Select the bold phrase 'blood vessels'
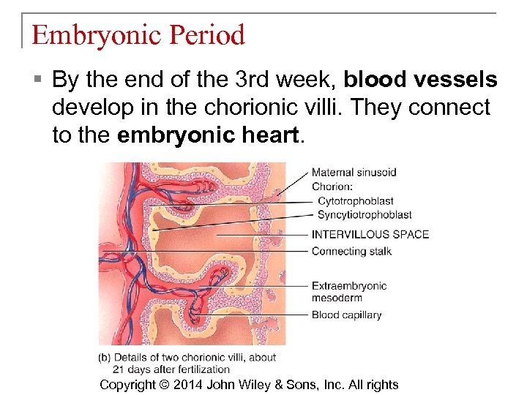click(420, 79)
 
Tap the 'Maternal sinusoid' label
click(354, 173)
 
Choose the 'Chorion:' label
click(332, 187)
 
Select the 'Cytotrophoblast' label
click(355, 200)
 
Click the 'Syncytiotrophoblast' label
click(365, 215)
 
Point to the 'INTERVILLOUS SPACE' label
click(370, 234)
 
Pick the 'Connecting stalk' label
click(351, 251)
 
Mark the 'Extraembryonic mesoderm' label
click(348, 291)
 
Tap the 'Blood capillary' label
click(346, 315)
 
